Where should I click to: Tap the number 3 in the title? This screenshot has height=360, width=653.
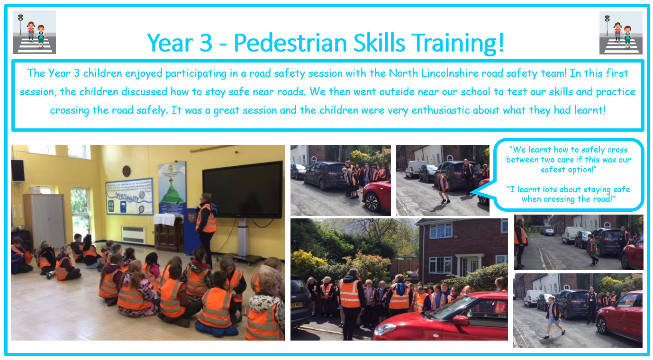[206, 43]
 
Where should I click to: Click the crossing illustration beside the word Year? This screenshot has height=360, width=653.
[35, 32]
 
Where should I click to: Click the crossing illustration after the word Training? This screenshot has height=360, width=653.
[621, 33]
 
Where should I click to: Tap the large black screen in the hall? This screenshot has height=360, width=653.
[243, 190]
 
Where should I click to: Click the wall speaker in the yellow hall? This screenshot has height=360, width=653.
[18, 171]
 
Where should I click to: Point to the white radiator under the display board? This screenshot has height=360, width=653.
[134, 234]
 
